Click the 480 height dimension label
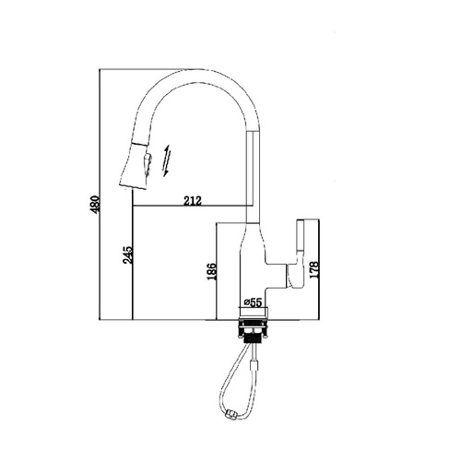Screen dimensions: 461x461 click(95, 205)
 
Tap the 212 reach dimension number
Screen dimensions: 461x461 click(193, 201)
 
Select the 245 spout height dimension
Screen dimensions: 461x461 click(127, 254)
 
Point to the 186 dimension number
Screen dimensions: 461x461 click(212, 271)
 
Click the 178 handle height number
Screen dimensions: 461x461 click(313, 270)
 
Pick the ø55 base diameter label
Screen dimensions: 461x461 click(253, 302)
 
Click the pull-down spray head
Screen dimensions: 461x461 click(136, 166)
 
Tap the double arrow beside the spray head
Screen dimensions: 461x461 click(167, 160)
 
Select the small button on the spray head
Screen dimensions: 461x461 click(147, 164)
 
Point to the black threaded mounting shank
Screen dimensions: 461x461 click(253, 337)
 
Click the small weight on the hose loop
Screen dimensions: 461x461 click(230, 414)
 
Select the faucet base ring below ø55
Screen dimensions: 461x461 click(254, 313)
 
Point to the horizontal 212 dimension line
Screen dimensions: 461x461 click(190, 206)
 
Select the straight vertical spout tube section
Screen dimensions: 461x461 click(254, 176)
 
